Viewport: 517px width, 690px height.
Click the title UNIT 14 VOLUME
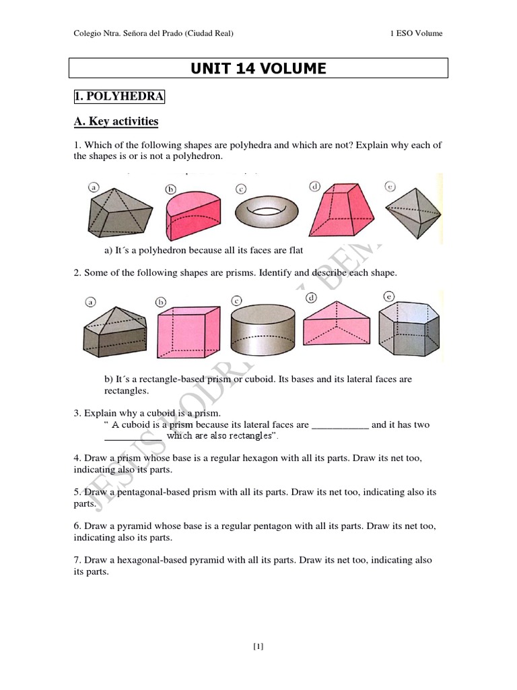tap(259, 68)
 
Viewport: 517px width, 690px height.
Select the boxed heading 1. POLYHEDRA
tap(119, 97)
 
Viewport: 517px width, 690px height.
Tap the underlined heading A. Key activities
tap(116, 121)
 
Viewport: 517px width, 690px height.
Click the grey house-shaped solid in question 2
tap(114, 332)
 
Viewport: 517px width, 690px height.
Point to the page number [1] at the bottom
tap(258, 647)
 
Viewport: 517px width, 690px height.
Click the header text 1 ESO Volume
tap(416, 34)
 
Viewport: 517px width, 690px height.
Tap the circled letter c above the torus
tap(240, 189)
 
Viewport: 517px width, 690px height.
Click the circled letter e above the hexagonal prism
tap(389, 296)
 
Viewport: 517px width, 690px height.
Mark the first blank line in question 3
tap(341, 426)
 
